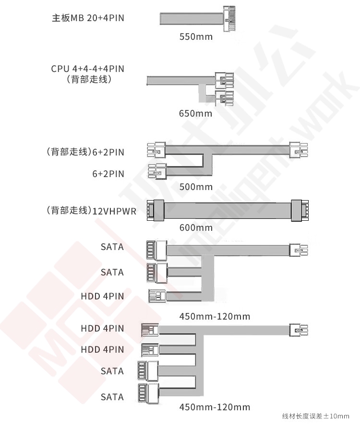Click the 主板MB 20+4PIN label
tap(88, 18)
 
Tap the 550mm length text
tap(196, 36)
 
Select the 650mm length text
tap(195, 113)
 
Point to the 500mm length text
tap(196, 187)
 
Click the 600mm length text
tap(196, 227)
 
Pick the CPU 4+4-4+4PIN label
tap(88, 69)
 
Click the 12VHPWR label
tap(114, 212)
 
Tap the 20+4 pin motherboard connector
tap(229, 19)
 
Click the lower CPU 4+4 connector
tap(225, 98)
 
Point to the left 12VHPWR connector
tap(156, 210)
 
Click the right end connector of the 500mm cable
tap(299, 150)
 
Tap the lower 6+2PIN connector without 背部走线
tap(157, 171)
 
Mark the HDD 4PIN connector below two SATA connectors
tap(157, 296)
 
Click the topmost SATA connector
tap(156, 250)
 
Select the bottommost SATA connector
tap(148, 393)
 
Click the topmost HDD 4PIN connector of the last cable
tap(150, 330)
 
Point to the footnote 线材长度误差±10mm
tap(316, 417)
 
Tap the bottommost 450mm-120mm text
tap(215, 407)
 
